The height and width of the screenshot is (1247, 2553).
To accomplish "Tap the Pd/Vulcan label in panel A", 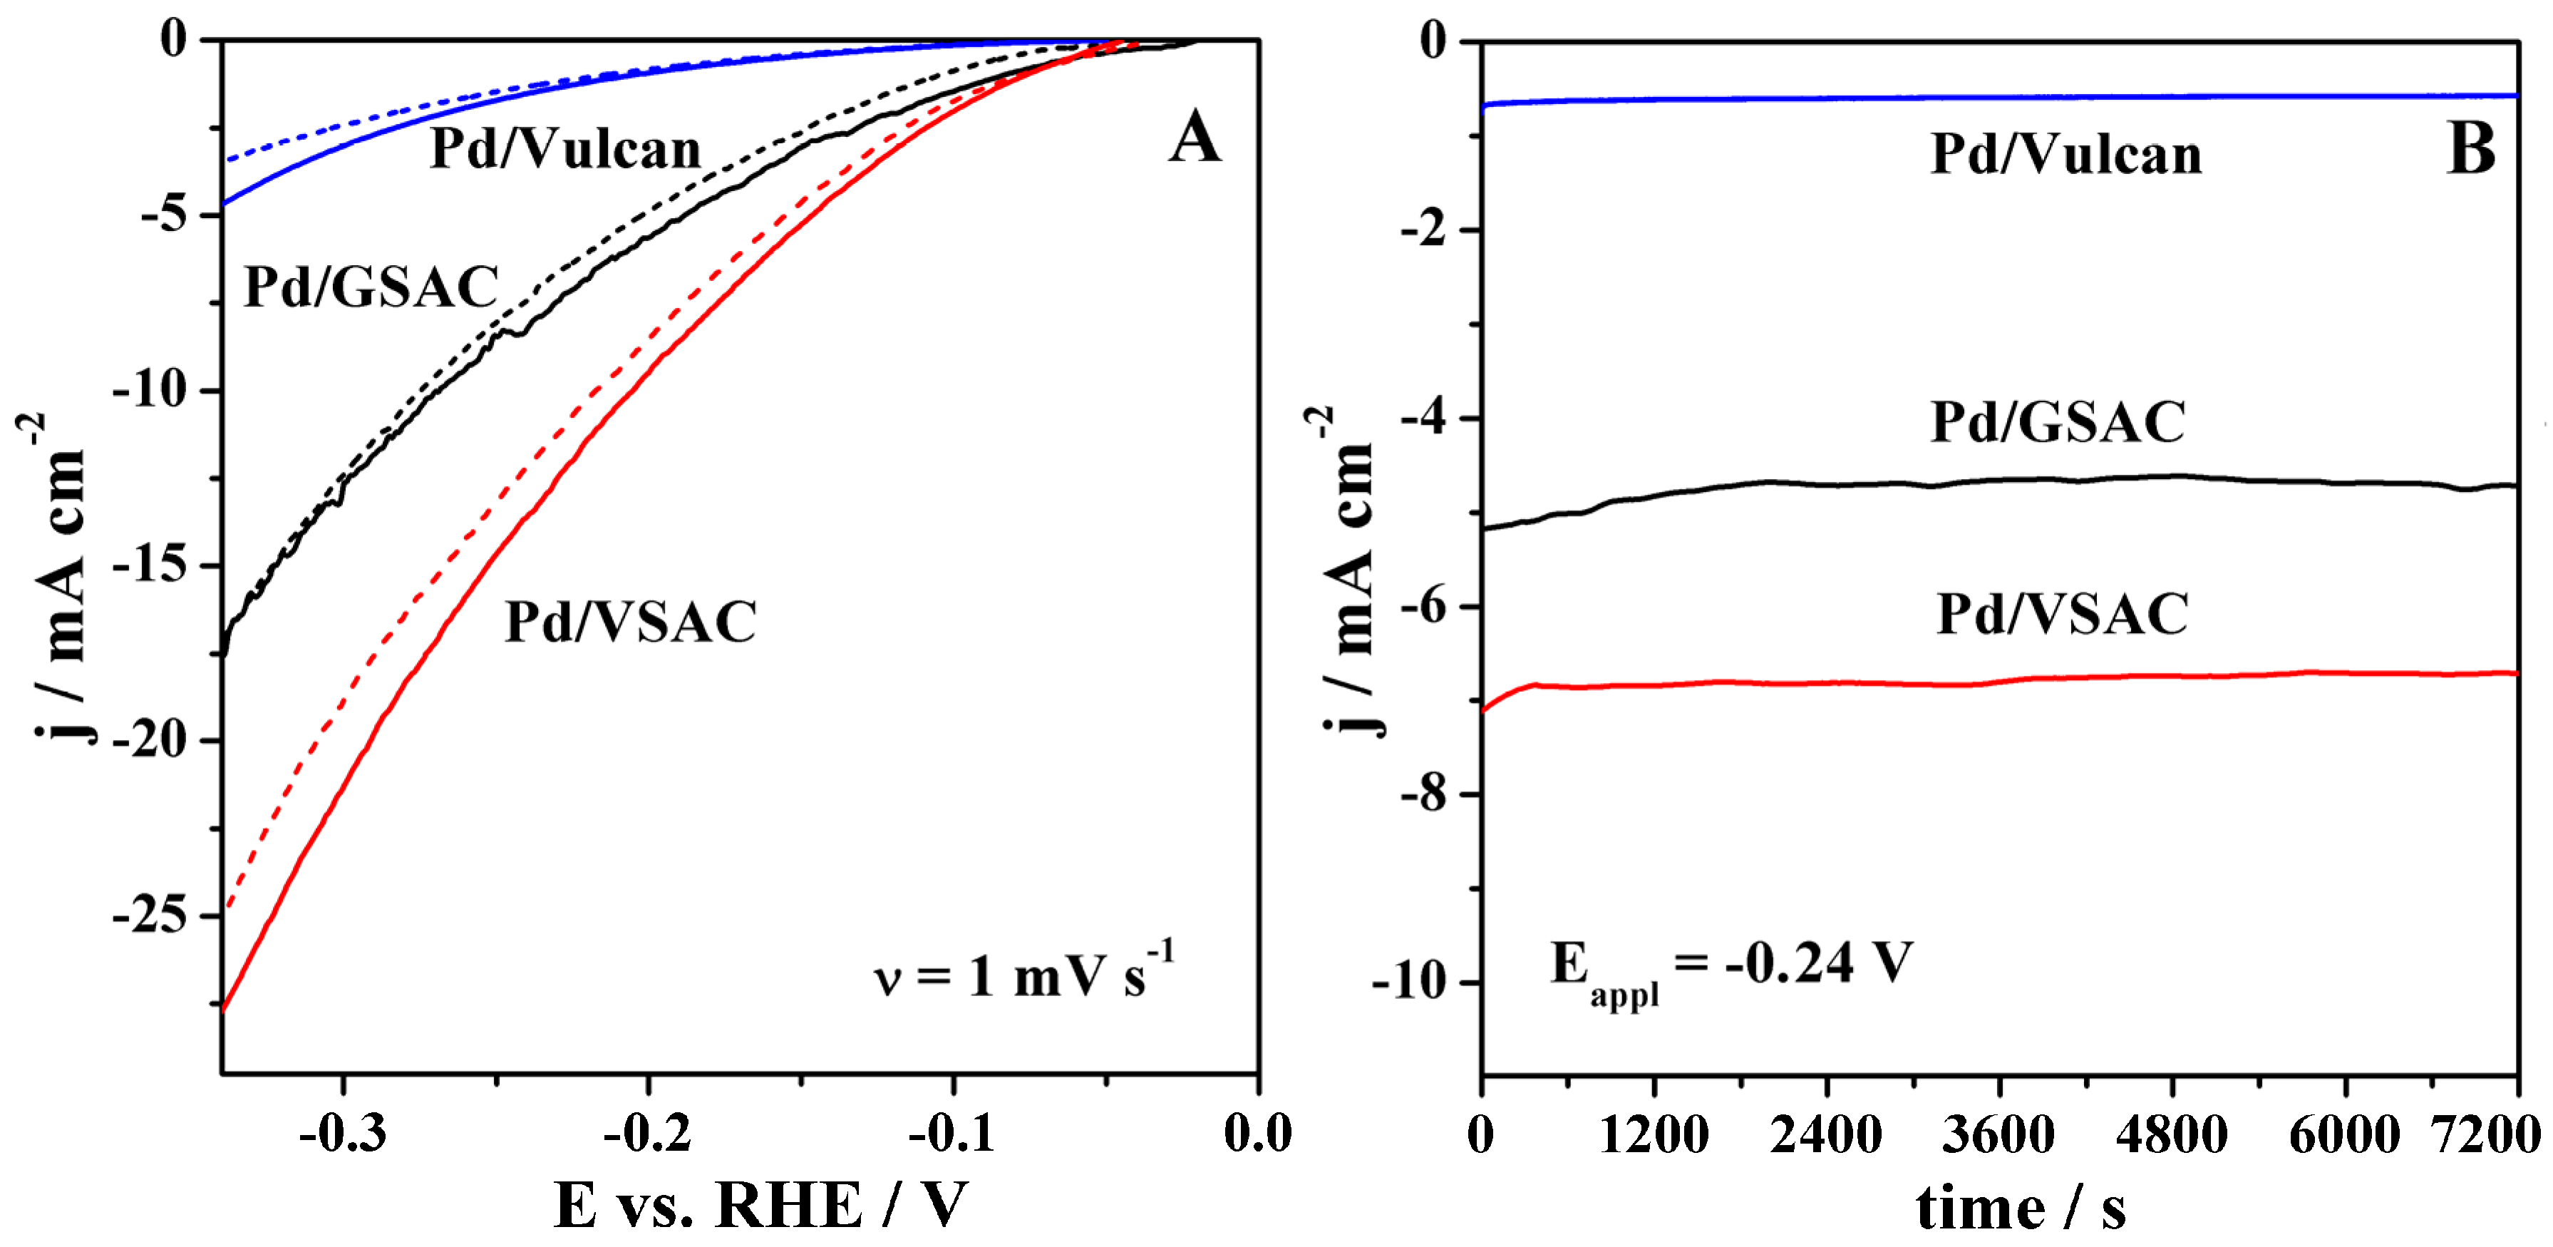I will click(565, 150).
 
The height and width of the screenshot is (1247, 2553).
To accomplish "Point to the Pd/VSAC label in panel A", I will click(630, 622).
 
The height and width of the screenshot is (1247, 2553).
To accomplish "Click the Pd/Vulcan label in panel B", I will click(2066, 155).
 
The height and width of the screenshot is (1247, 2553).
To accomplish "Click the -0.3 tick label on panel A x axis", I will click(342, 1133).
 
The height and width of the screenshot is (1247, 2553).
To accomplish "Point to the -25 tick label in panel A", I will click(150, 916).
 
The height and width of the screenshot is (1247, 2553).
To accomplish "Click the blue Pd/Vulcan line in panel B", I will click(1982, 98).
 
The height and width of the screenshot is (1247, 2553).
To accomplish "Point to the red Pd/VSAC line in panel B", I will click(1982, 683).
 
